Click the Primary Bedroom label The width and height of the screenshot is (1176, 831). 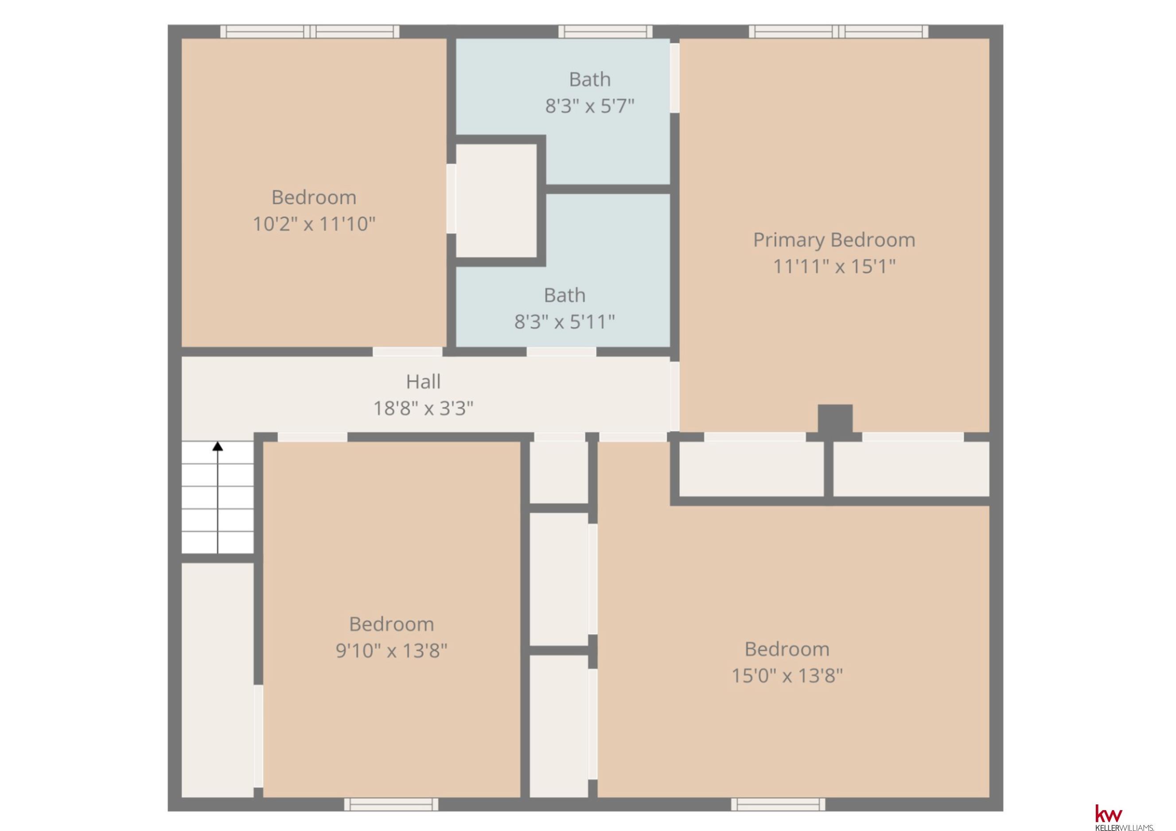tap(834, 240)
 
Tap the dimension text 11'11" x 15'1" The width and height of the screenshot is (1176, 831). tap(834, 267)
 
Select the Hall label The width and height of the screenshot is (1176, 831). tap(423, 381)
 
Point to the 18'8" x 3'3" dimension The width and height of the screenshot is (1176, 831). tap(423, 408)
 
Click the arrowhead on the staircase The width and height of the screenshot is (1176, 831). tap(218, 446)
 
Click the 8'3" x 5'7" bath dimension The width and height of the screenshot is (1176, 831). tap(589, 106)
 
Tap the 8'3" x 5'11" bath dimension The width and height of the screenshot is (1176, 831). tap(565, 322)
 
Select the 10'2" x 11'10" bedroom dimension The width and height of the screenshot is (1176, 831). tap(314, 224)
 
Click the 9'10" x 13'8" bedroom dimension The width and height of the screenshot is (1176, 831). tap(391, 651)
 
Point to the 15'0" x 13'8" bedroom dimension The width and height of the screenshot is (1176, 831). tap(787, 676)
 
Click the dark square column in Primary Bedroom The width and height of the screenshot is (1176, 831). tap(835, 419)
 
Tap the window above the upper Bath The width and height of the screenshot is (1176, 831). tap(605, 31)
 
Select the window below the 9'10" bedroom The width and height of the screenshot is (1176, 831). tap(391, 804)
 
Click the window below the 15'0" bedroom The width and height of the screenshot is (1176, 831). tap(778, 804)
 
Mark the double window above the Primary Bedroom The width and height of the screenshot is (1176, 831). tap(838, 31)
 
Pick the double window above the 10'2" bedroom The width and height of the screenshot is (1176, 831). tap(310, 31)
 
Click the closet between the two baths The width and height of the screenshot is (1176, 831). tap(496, 200)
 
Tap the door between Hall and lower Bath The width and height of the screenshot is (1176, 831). tap(561, 352)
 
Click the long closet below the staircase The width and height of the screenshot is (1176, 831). tap(218, 680)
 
